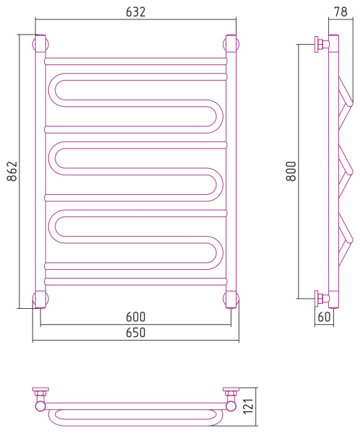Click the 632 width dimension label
[136, 12]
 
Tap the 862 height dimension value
[12, 171]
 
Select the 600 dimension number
[136, 317]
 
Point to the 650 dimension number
[136, 333]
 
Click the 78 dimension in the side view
[341, 12]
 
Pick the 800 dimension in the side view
[291, 171]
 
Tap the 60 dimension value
[324, 317]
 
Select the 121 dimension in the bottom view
[248, 406]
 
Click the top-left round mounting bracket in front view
[40, 44]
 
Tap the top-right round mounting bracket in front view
[231, 44]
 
